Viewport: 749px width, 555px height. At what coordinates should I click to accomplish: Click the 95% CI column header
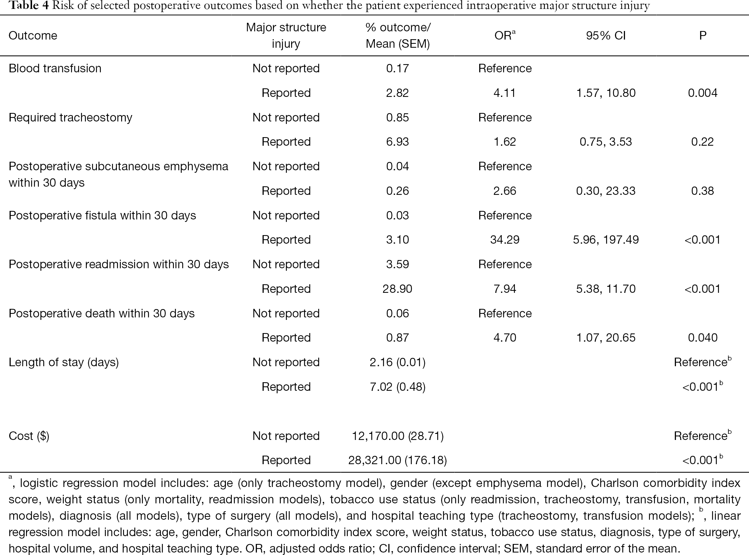[x=606, y=36]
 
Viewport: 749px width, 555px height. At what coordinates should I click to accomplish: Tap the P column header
[x=703, y=36]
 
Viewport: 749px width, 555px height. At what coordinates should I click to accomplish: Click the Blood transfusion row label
[x=55, y=68]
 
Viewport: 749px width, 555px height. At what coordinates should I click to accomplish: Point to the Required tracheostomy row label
[x=70, y=118]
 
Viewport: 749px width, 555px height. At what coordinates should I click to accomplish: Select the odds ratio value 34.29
[x=505, y=240]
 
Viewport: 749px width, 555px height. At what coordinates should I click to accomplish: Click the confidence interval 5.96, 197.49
[x=606, y=240]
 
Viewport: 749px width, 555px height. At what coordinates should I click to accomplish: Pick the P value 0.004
[x=703, y=93]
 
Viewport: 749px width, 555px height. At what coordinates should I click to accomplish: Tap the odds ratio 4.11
[x=505, y=93]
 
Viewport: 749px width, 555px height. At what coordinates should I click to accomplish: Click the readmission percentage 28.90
[x=397, y=289]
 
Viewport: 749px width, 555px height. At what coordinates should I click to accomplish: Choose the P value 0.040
[x=703, y=338]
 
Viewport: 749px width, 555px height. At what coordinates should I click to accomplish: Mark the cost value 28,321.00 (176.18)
[x=397, y=460]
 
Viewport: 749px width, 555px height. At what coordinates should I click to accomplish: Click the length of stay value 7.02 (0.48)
[x=397, y=387]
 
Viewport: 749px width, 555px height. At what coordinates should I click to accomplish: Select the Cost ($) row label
[x=29, y=436]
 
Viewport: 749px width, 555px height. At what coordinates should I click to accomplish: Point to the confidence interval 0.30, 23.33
[x=606, y=191]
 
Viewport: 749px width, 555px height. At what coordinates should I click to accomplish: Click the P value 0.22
[x=703, y=142]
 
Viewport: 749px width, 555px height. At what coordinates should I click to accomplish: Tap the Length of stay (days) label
[x=63, y=362]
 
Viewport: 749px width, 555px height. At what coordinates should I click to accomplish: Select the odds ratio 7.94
[x=505, y=289]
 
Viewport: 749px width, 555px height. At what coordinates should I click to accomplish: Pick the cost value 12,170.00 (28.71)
[x=397, y=436]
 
